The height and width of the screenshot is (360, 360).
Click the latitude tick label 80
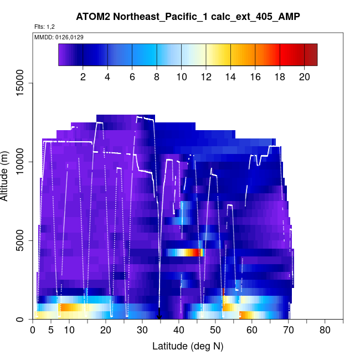[x=325, y=331]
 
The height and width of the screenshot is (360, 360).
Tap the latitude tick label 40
[x=179, y=331]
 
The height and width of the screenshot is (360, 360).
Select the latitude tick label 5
[x=51, y=331]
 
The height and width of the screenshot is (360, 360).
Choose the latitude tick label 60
[x=252, y=331]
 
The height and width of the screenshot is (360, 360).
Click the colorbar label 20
[x=305, y=77]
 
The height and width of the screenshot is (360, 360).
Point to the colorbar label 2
[x=83, y=77]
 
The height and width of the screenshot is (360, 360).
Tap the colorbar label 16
[x=255, y=77]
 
